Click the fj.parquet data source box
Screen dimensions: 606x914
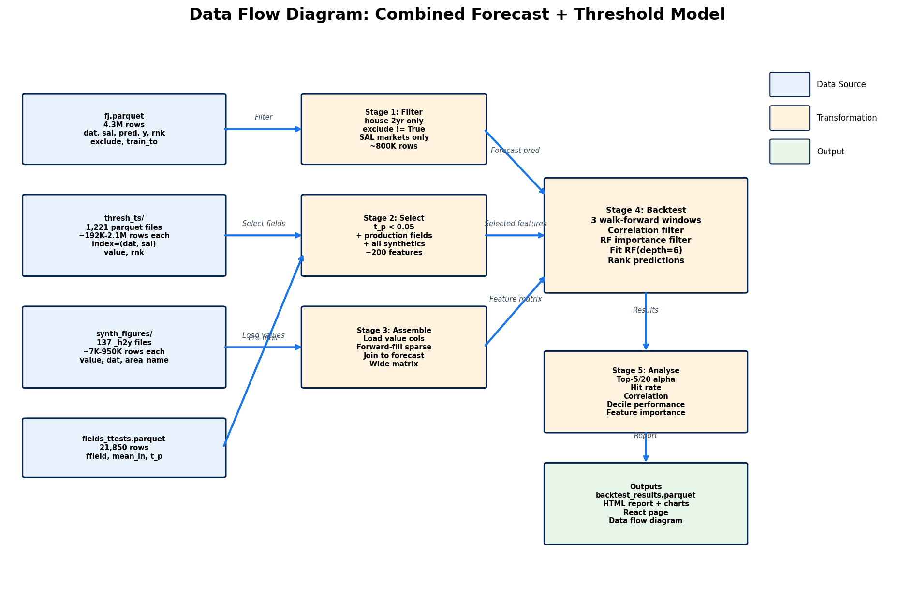[124, 129]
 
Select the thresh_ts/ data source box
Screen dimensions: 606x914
[124, 236]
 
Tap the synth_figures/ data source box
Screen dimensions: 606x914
[124, 347]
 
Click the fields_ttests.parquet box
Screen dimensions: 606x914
[124, 448]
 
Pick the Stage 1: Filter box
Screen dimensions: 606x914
[394, 129]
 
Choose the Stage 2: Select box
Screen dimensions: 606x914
[394, 236]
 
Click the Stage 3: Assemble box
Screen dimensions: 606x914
[394, 347]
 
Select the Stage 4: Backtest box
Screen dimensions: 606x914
[646, 235]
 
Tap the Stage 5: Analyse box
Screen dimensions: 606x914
[646, 392]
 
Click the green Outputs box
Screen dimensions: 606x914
[646, 504]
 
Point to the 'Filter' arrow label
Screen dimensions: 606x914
[264, 117]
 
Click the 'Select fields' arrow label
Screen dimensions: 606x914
[264, 224]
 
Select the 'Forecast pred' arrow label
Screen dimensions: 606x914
[515, 151]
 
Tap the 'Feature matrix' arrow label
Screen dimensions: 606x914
[516, 299]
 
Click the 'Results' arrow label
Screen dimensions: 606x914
[646, 310]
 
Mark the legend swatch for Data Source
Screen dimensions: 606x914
[789, 85]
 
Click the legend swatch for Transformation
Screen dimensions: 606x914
[789, 118]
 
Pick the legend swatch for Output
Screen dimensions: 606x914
[789, 151]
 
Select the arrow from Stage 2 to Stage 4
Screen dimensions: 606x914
[515, 236]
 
